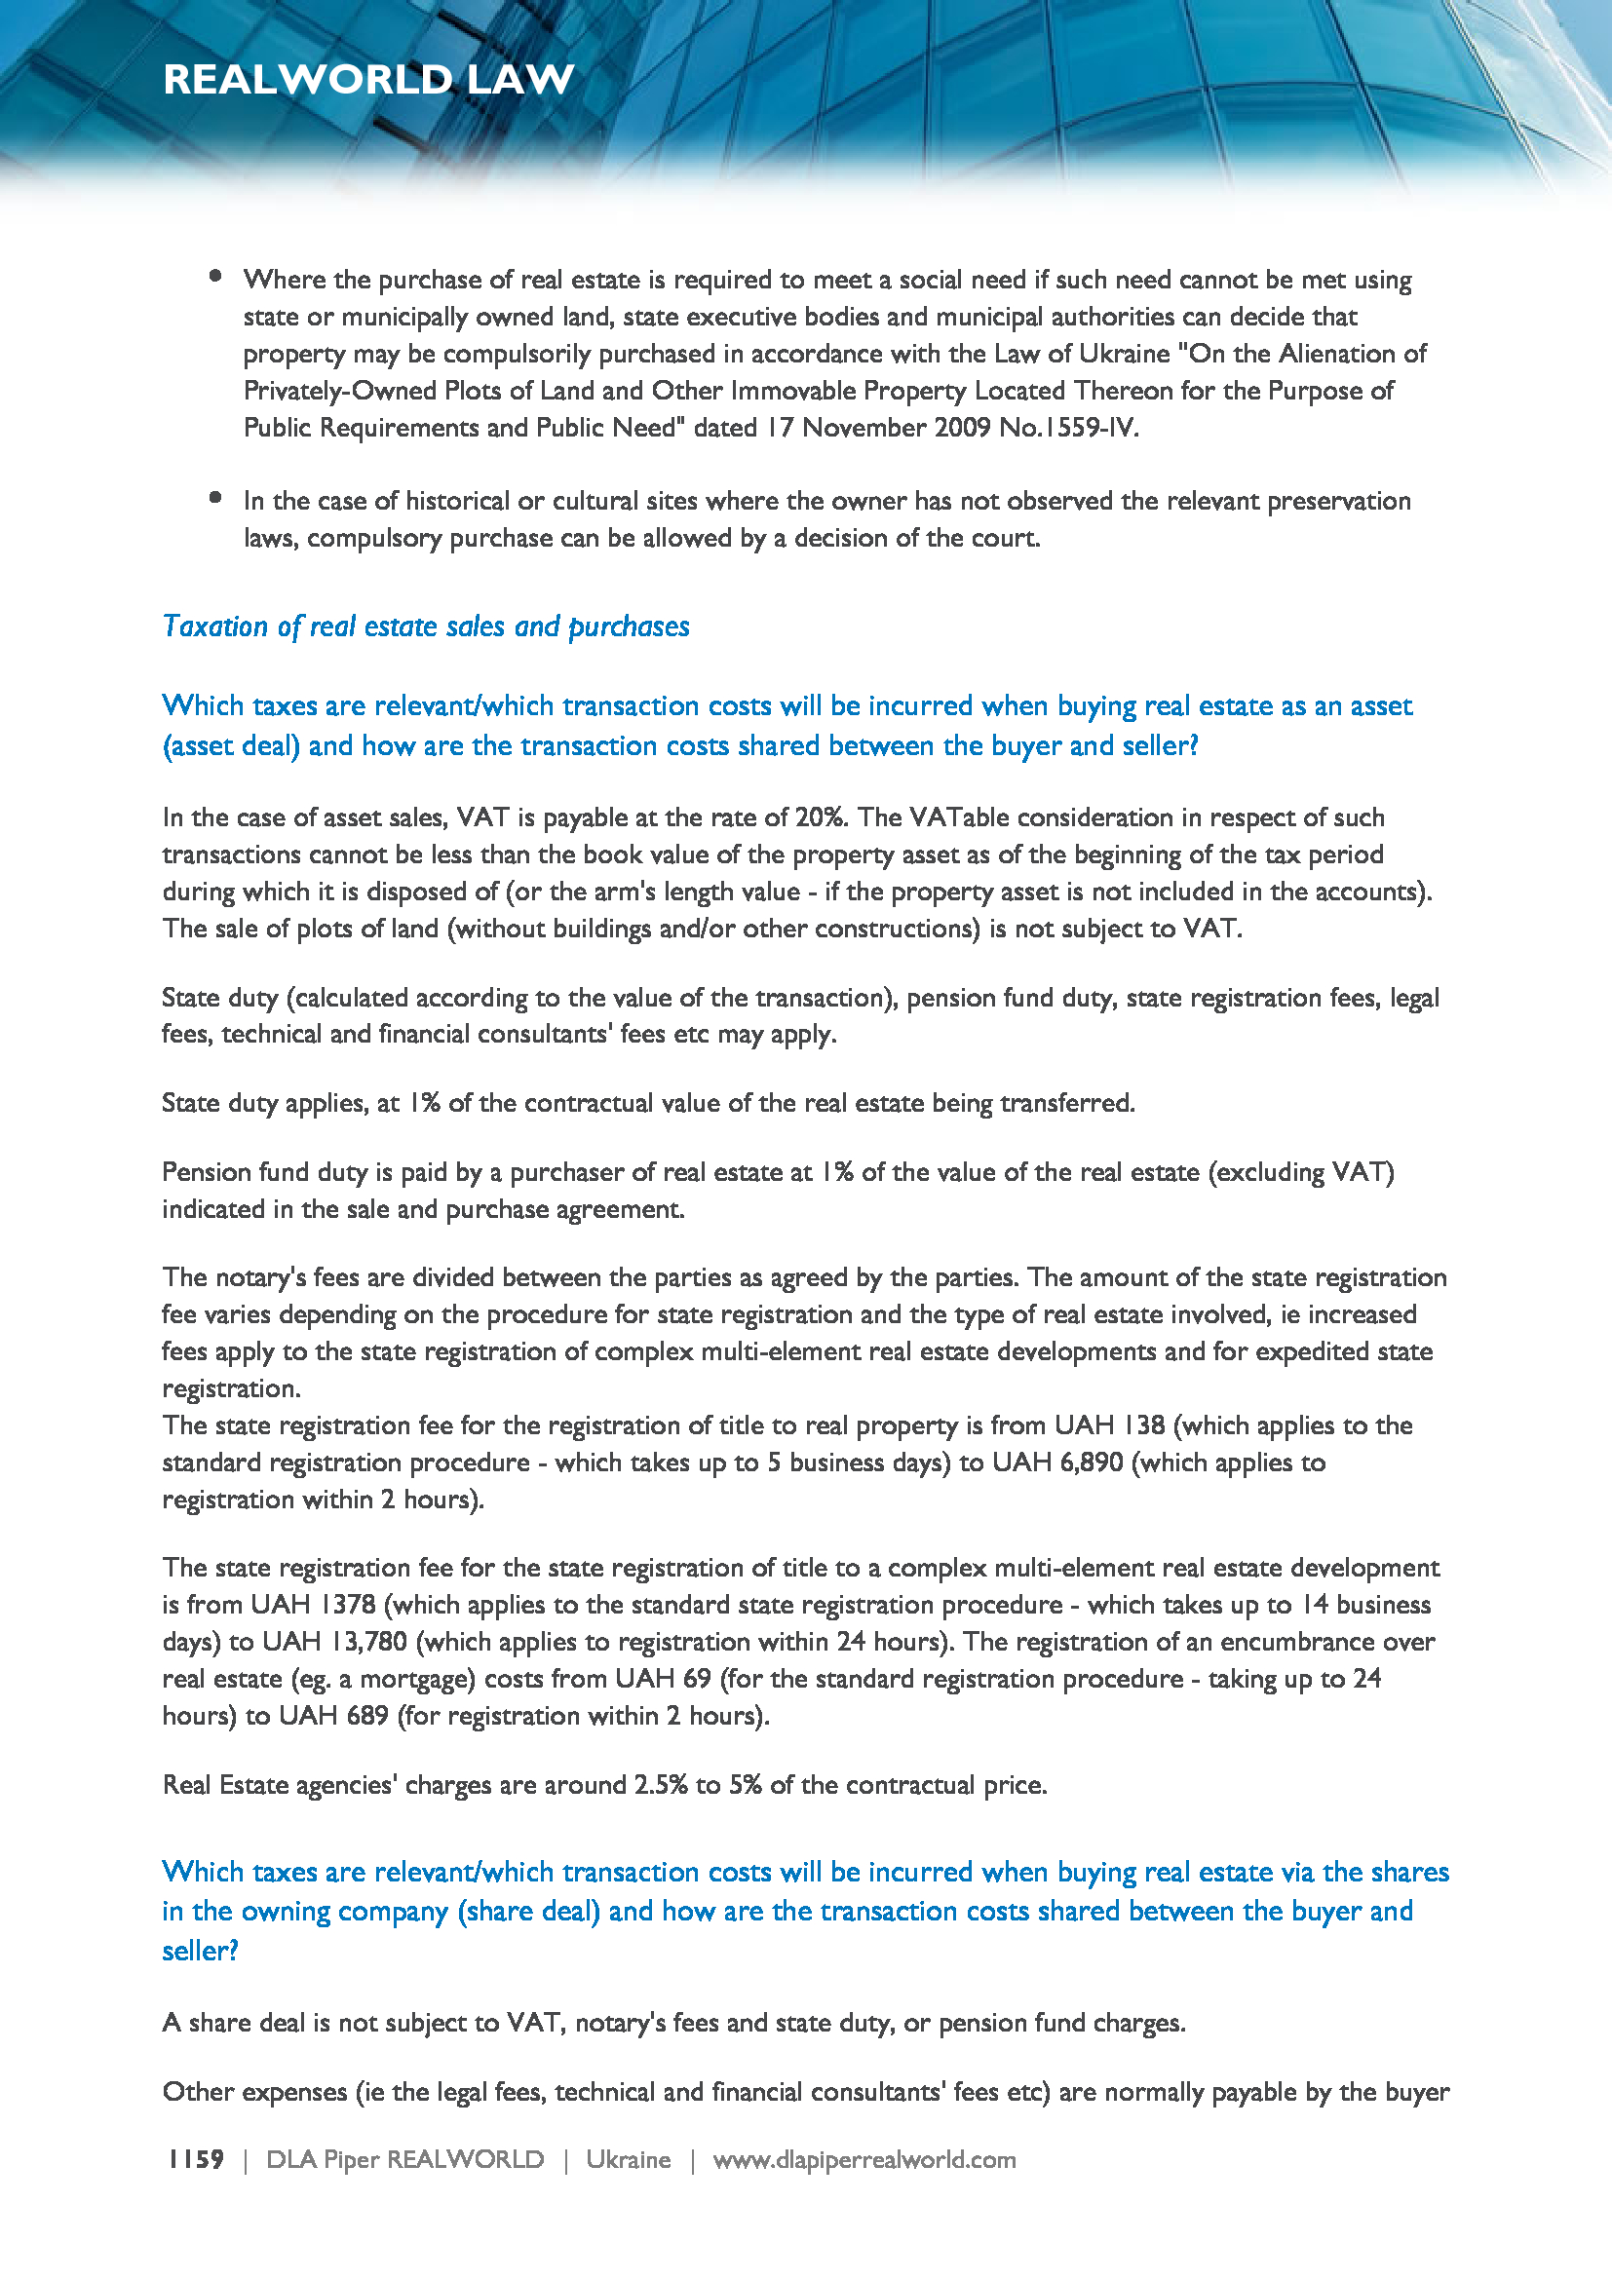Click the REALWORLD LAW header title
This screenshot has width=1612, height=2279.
(368, 79)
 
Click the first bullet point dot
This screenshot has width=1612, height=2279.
(215, 277)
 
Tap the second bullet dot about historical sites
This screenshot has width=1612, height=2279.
(215, 498)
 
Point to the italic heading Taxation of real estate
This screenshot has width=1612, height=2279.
(426, 627)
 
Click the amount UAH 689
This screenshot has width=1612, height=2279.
(333, 1715)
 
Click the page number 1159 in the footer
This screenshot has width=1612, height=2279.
(196, 2159)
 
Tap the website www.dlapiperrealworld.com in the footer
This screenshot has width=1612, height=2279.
(864, 2159)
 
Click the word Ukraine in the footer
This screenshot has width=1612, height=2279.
(628, 2159)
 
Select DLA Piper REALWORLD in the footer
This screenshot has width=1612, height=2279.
(405, 2159)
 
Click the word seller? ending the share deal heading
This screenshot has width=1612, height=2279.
(201, 1951)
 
